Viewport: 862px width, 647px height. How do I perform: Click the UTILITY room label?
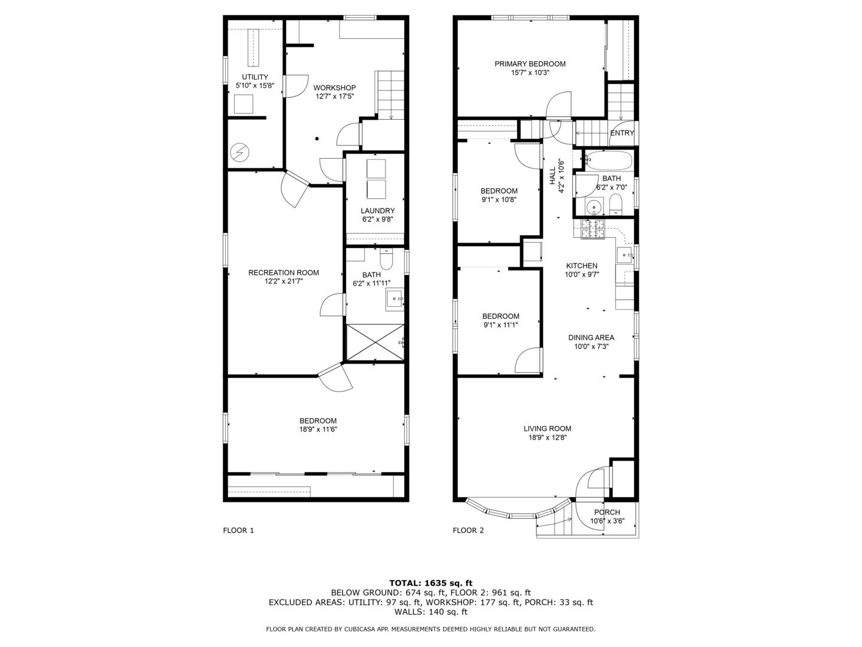pos(255,77)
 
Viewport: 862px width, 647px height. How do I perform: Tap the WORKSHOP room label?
pos(335,87)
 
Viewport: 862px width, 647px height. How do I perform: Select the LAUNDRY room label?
pos(377,211)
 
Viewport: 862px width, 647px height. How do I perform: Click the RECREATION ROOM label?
pos(283,273)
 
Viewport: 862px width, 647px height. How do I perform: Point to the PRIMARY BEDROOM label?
pos(530,64)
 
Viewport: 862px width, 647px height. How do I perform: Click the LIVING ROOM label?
pos(547,428)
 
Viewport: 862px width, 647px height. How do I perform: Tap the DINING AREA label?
pos(591,337)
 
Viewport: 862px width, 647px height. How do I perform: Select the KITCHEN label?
pos(581,266)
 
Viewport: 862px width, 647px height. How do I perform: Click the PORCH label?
pos(606,512)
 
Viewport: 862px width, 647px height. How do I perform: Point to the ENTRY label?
pos(621,133)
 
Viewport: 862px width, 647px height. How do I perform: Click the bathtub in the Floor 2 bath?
pos(608,161)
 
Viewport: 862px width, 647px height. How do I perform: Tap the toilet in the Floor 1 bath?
pos(386,261)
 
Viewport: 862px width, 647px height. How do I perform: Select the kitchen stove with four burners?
pos(593,230)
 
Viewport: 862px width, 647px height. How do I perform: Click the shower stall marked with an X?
pos(375,343)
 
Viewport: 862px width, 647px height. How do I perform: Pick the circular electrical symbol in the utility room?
pos(239,152)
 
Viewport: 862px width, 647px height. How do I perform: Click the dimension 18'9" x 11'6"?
pos(318,430)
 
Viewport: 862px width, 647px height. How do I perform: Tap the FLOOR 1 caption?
pos(238,530)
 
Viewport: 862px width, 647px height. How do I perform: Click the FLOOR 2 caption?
pos(468,530)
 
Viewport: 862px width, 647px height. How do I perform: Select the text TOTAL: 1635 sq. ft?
pos(430,583)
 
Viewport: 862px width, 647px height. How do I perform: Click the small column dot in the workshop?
pos(317,139)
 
